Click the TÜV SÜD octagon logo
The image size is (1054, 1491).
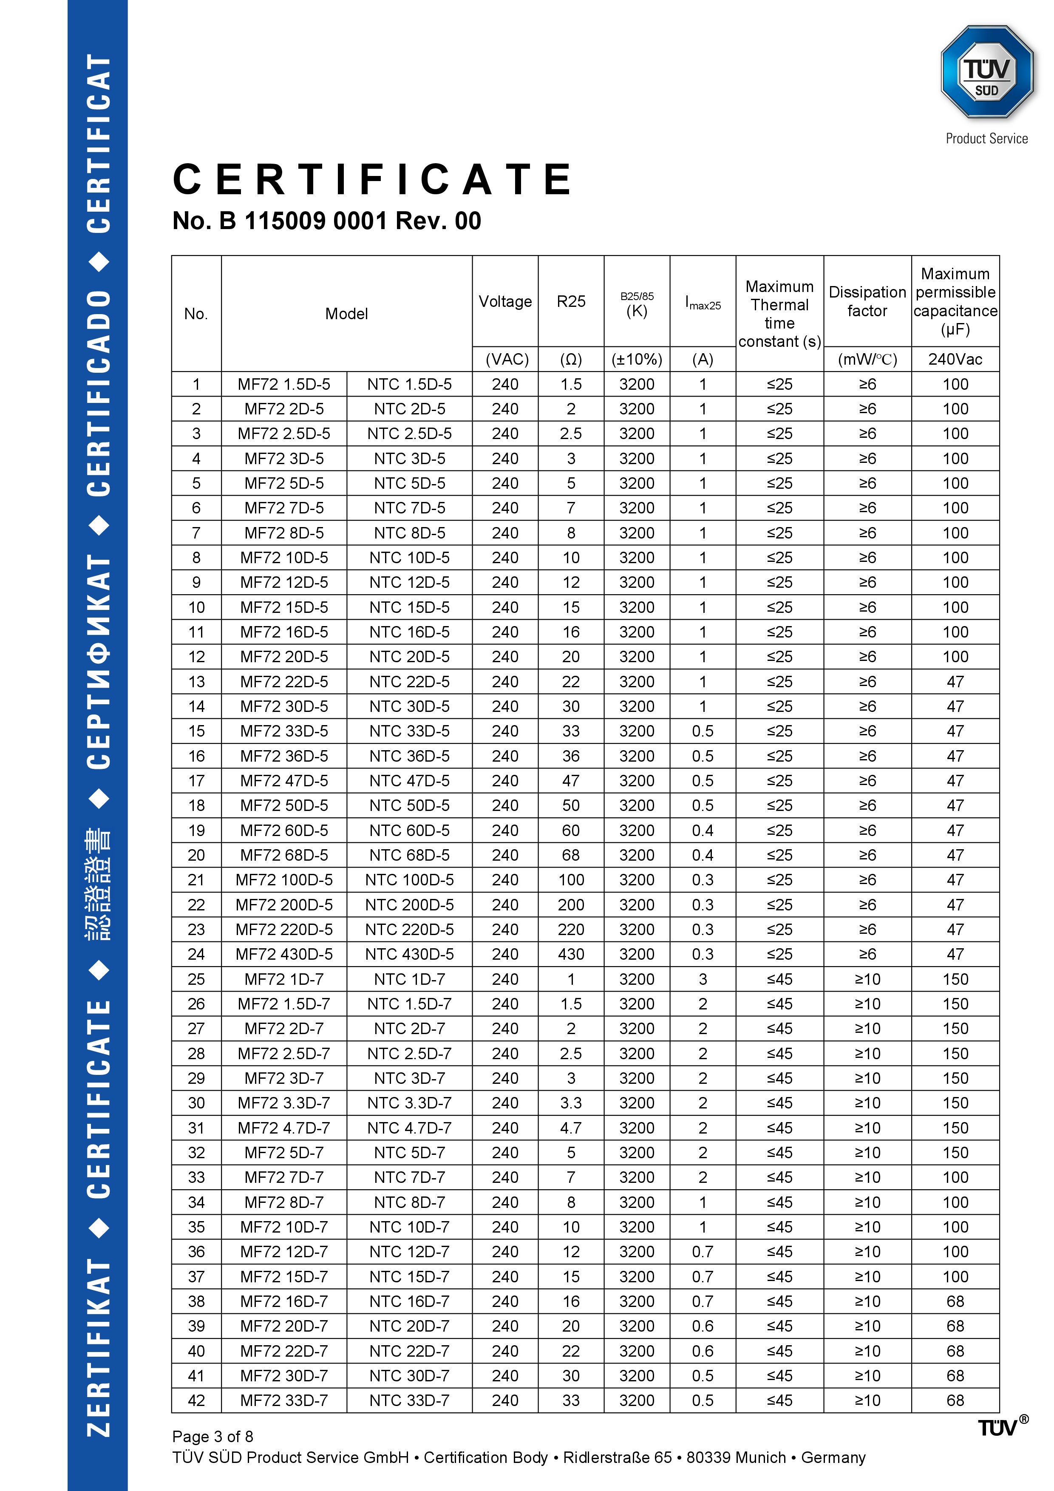tap(986, 73)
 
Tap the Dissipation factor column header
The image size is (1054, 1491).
tap(867, 301)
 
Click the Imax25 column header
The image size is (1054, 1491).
tap(703, 303)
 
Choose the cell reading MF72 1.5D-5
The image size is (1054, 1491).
tap(284, 385)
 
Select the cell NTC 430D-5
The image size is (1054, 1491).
tap(409, 954)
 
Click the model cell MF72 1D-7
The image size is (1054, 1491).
tap(284, 979)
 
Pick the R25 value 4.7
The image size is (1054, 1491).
tap(571, 1128)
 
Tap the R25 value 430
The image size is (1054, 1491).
tap(571, 954)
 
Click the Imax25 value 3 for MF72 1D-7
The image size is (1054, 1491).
tap(703, 979)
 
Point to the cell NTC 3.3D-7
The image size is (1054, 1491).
tap(409, 1103)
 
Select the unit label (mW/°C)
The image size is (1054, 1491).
tap(867, 359)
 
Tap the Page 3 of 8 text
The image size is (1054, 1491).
tap(212, 1436)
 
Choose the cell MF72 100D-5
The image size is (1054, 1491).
tap(284, 880)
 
